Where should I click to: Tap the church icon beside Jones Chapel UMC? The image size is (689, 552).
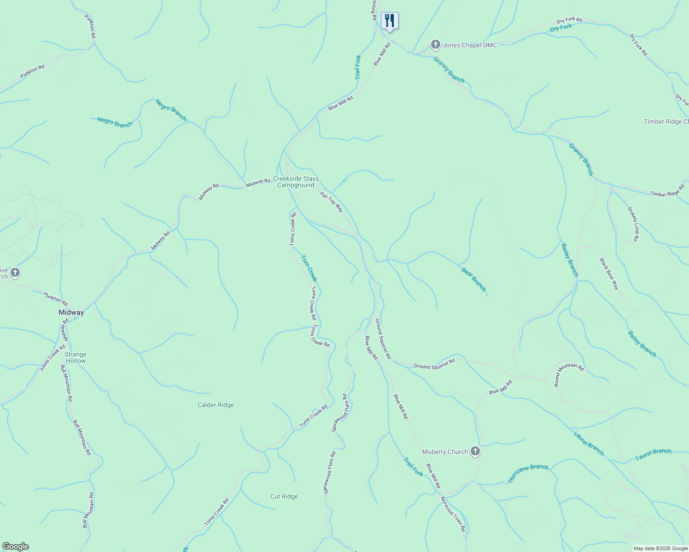(x=435, y=45)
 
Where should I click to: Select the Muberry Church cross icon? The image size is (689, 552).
(x=475, y=452)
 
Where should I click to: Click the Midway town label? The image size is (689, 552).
(x=71, y=312)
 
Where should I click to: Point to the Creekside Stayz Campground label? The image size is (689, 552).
(x=296, y=182)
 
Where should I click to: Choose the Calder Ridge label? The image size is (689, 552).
(x=216, y=405)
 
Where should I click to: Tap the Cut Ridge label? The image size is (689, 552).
(x=284, y=496)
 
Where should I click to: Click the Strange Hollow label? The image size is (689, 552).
(x=76, y=357)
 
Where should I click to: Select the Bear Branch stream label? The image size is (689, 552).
(x=473, y=280)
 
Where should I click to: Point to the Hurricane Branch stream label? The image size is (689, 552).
(x=528, y=473)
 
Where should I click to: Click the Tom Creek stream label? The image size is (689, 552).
(x=309, y=268)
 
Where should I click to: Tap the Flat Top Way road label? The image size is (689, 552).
(x=332, y=202)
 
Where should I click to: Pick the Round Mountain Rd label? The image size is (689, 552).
(x=568, y=373)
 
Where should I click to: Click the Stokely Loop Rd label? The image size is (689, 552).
(x=634, y=224)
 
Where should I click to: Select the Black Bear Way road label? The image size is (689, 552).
(x=609, y=273)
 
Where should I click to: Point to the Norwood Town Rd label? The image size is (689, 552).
(x=453, y=514)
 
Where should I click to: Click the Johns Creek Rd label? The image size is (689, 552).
(x=52, y=358)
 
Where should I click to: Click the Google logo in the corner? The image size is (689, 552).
(x=15, y=546)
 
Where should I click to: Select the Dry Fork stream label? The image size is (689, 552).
(x=561, y=28)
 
